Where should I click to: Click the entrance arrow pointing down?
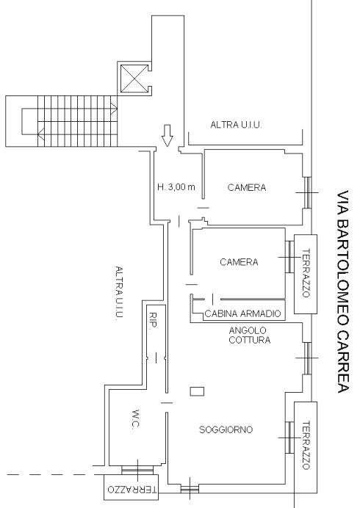point(168,135)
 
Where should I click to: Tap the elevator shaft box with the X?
point(134,79)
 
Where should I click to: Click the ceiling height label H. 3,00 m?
point(176,187)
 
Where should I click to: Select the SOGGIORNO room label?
point(226,429)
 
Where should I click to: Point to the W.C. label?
point(136,420)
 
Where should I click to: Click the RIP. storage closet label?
point(152,321)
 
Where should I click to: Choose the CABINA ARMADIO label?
point(242,313)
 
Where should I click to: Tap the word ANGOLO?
point(248,330)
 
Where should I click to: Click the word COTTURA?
point(249,340)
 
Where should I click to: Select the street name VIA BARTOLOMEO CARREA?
point(343,291)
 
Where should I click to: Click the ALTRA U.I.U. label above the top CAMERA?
point(236,125)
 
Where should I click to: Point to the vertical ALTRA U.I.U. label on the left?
point(119,293)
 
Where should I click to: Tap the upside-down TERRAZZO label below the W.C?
point(132,489)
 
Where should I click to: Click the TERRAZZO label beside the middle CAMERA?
point(306,273)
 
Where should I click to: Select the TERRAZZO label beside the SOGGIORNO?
point(306,445)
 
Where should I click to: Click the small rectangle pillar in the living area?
point(197,391)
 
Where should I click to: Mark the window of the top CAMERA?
point(307,192)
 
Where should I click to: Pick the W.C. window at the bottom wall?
point(137,470)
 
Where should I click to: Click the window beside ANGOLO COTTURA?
point(307,358)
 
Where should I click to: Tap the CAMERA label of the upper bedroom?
point(247,188)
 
